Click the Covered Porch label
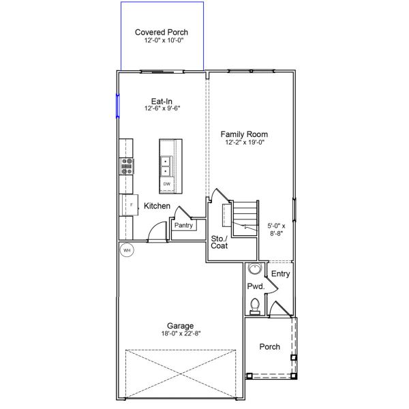point(162,32)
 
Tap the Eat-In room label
point(162,100)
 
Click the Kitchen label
point(157,206)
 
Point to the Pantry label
point(184,226)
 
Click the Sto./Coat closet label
point(219,242)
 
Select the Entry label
point(281,274)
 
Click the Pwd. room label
point(255,286)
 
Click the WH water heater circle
point(126,250)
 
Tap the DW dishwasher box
point(166,184)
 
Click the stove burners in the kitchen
point(127,166)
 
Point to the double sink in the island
point(166,166)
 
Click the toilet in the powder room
point(255,306)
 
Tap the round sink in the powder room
point(254,268)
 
